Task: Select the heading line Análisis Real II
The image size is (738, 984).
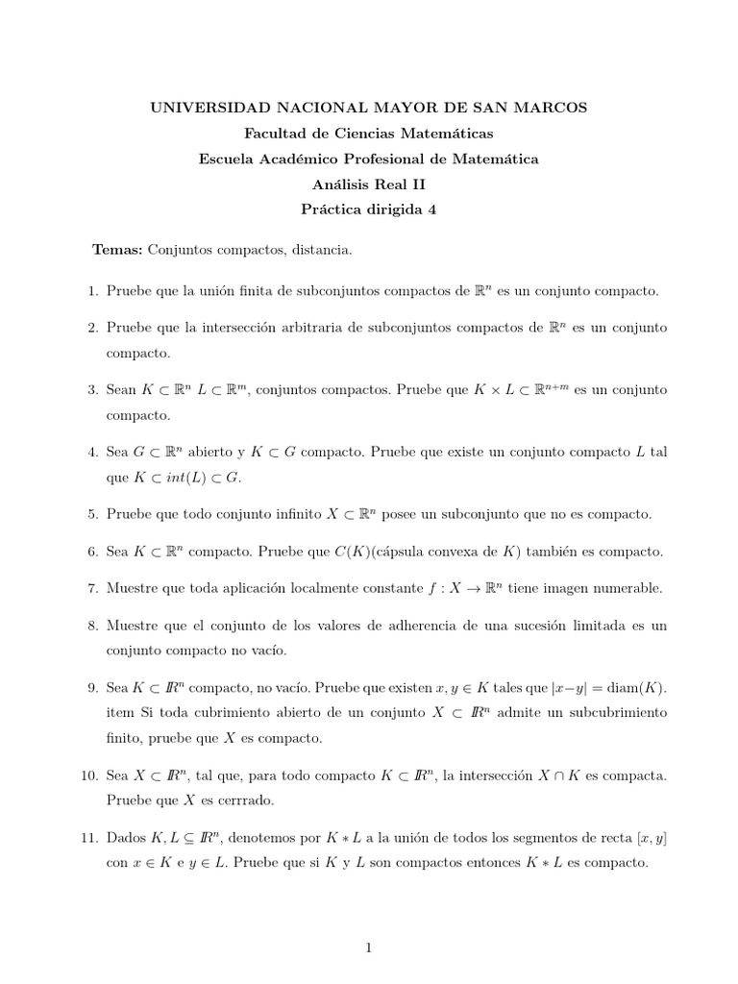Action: [368, 184]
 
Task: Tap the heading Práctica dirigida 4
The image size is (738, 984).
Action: [368, 210]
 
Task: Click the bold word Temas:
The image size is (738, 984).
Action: [117, 250]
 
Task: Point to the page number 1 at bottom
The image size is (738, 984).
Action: [368, 947]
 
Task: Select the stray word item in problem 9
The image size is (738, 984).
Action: [121, 713]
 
